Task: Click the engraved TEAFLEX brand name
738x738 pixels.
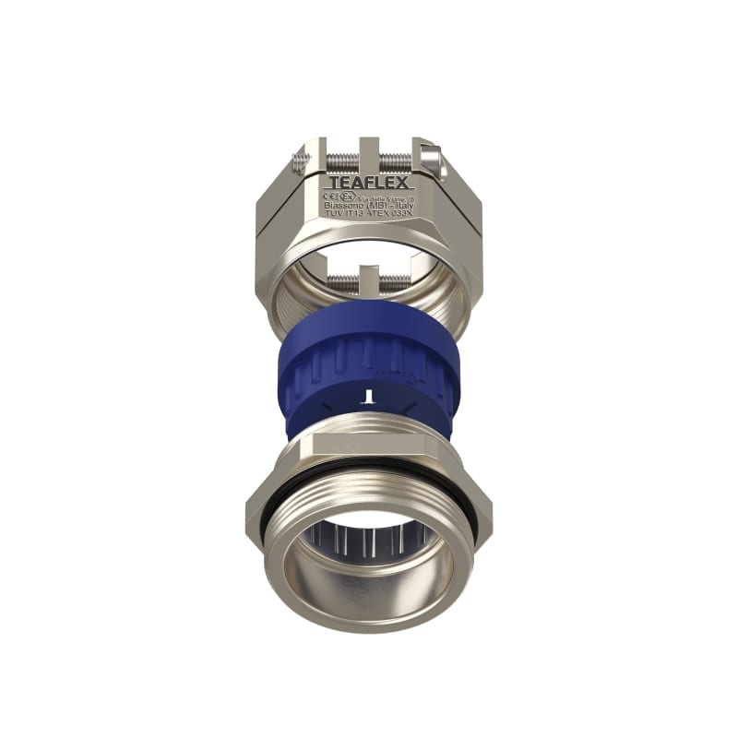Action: point(369,182)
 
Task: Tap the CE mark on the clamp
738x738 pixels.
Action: point(330,196)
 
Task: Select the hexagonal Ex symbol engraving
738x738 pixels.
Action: point(346,196)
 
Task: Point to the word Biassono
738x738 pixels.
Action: point(339,205)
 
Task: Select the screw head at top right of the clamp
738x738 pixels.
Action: point(427,155)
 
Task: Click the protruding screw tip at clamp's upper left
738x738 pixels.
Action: point(296,163)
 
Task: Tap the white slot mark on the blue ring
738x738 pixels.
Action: point(368,396)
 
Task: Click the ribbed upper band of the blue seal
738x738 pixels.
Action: point(369,355)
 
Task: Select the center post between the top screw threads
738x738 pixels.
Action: point(369,154)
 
